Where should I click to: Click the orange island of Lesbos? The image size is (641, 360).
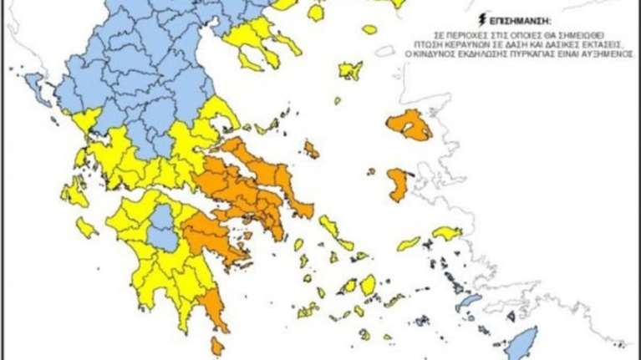coord(409,124)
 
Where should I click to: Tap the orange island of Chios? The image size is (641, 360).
coord(399,184)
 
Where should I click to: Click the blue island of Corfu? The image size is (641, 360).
coord(36,84)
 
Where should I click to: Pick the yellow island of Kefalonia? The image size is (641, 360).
coord(74,193)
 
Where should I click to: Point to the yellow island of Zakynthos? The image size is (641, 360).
coord(86,227)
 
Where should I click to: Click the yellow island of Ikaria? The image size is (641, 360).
coord(409,243)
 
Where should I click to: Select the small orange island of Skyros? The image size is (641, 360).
coord(312,150)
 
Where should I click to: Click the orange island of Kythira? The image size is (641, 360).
coord(218,344)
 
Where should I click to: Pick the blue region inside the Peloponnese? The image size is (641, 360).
coord(163,226)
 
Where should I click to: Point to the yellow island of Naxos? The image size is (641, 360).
coord(369,285)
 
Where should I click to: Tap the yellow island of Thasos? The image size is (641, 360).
coord(315,13)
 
